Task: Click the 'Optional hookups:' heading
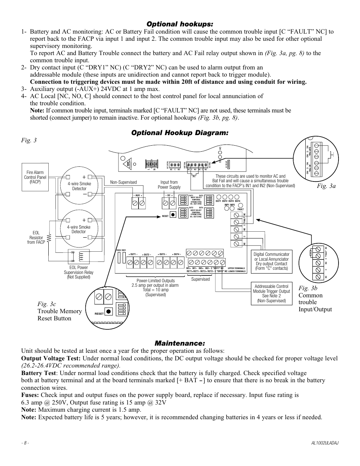pos(180,24)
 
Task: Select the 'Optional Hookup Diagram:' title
pos(180,133)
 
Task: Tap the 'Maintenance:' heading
pos(180,343)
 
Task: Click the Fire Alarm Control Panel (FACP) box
pos(35,177)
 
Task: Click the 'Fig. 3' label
pos(29,140)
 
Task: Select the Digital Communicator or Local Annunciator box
pos(271,261)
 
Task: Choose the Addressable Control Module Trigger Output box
pos(271,294)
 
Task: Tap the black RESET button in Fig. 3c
pos(109,311)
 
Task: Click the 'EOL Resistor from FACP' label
pos(36,238)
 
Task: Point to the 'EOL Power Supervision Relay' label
pos(78,272)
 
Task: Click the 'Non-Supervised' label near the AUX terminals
pos(123,182)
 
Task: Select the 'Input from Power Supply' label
pos(169,185)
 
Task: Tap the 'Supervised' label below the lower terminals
pos(200,279)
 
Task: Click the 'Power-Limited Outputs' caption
pos(155,281)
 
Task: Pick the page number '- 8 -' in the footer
pos(25,443)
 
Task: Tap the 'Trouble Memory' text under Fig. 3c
pos(60,311)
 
